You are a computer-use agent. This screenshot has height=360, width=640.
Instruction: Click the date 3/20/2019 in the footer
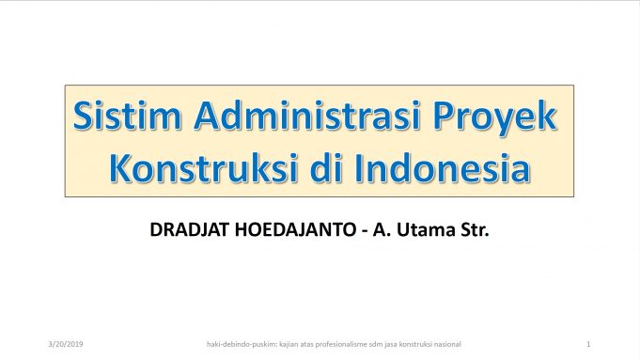tap(65, 345)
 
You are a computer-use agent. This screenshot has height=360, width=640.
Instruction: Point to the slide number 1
tap(586, 345)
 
